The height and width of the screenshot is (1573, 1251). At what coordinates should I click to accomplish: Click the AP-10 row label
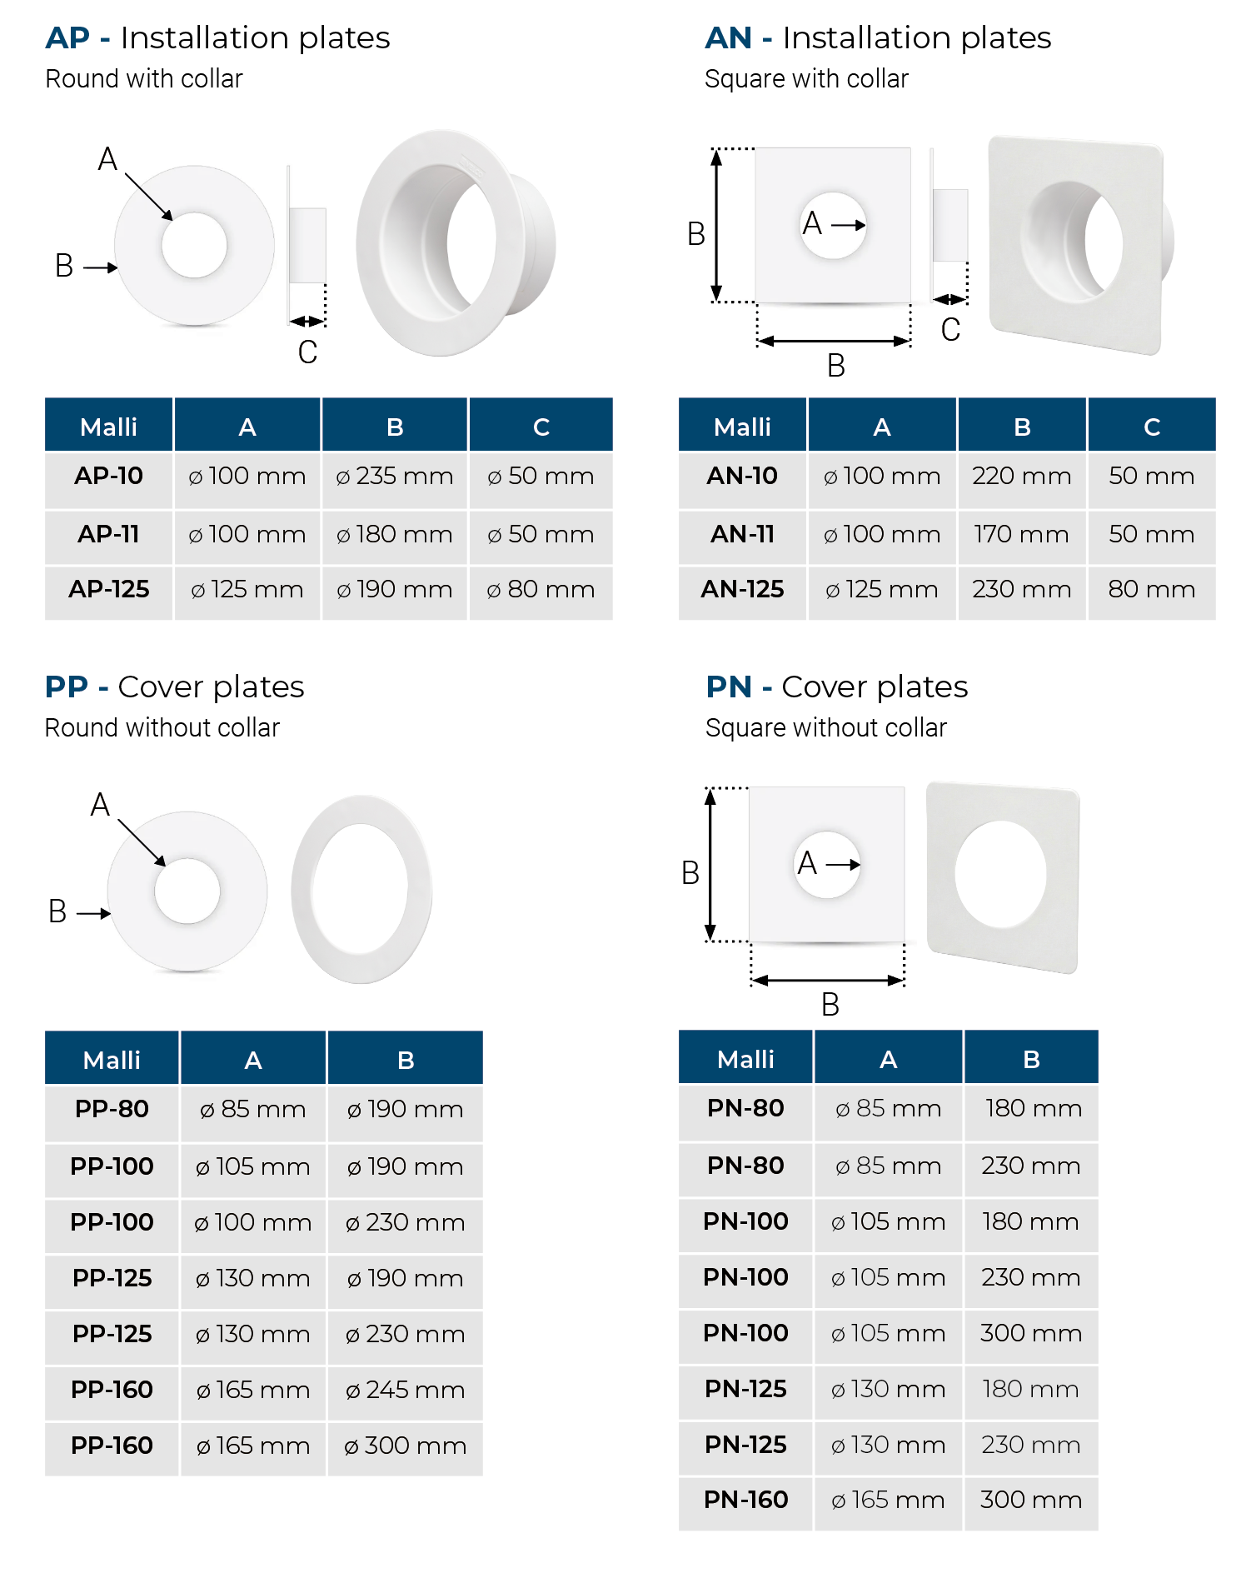coord(108,476)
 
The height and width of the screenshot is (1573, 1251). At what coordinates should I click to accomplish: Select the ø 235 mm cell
coord(395,476)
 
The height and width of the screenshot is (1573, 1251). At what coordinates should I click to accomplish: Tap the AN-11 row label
coord(742,534)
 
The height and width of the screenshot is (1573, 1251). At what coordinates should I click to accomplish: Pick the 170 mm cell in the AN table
coord(1021,534)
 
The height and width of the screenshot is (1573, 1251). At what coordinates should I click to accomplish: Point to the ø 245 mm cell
coord(405,1390)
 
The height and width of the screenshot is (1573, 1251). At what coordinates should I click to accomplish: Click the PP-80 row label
coord(112,1109)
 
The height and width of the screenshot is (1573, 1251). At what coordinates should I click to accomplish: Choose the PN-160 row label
coord(745,1500)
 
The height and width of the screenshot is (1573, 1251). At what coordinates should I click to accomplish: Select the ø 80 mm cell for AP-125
coord(541,590)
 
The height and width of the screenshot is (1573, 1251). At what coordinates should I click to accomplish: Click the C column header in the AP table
coord(541,427)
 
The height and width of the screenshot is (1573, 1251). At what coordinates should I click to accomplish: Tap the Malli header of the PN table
coord(745,1059)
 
